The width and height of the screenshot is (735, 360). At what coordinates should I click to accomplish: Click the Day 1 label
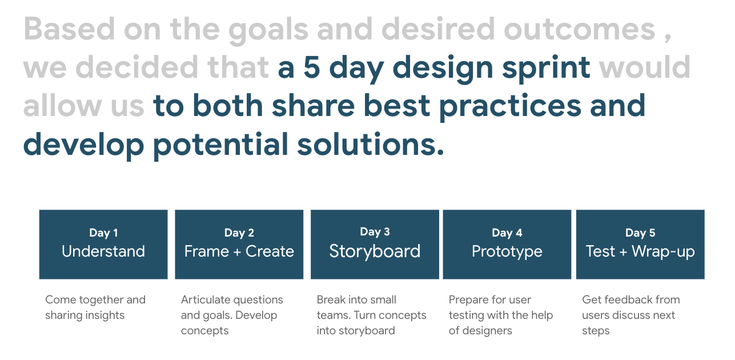(103, 233)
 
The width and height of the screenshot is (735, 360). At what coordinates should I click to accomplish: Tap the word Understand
(103, 251)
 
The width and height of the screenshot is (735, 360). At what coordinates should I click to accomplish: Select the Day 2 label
(239, 233)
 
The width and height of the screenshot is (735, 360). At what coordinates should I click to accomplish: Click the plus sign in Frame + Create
(237, 252)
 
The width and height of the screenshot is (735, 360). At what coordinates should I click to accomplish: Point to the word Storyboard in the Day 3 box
(375, 251)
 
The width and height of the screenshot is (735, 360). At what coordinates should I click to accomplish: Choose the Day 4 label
(507, 233)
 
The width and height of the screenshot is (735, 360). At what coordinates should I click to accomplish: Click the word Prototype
(507, 252)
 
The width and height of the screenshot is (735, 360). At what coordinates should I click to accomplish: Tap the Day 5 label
(640, 233)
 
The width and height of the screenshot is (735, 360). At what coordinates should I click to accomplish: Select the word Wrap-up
(664, 252)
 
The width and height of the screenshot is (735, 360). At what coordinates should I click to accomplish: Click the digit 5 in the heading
(311, 67)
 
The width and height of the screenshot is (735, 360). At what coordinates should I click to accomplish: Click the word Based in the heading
(69, 29)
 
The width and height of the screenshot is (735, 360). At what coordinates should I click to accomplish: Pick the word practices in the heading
(510, 107)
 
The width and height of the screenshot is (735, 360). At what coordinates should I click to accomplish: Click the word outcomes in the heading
(580, 29)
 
